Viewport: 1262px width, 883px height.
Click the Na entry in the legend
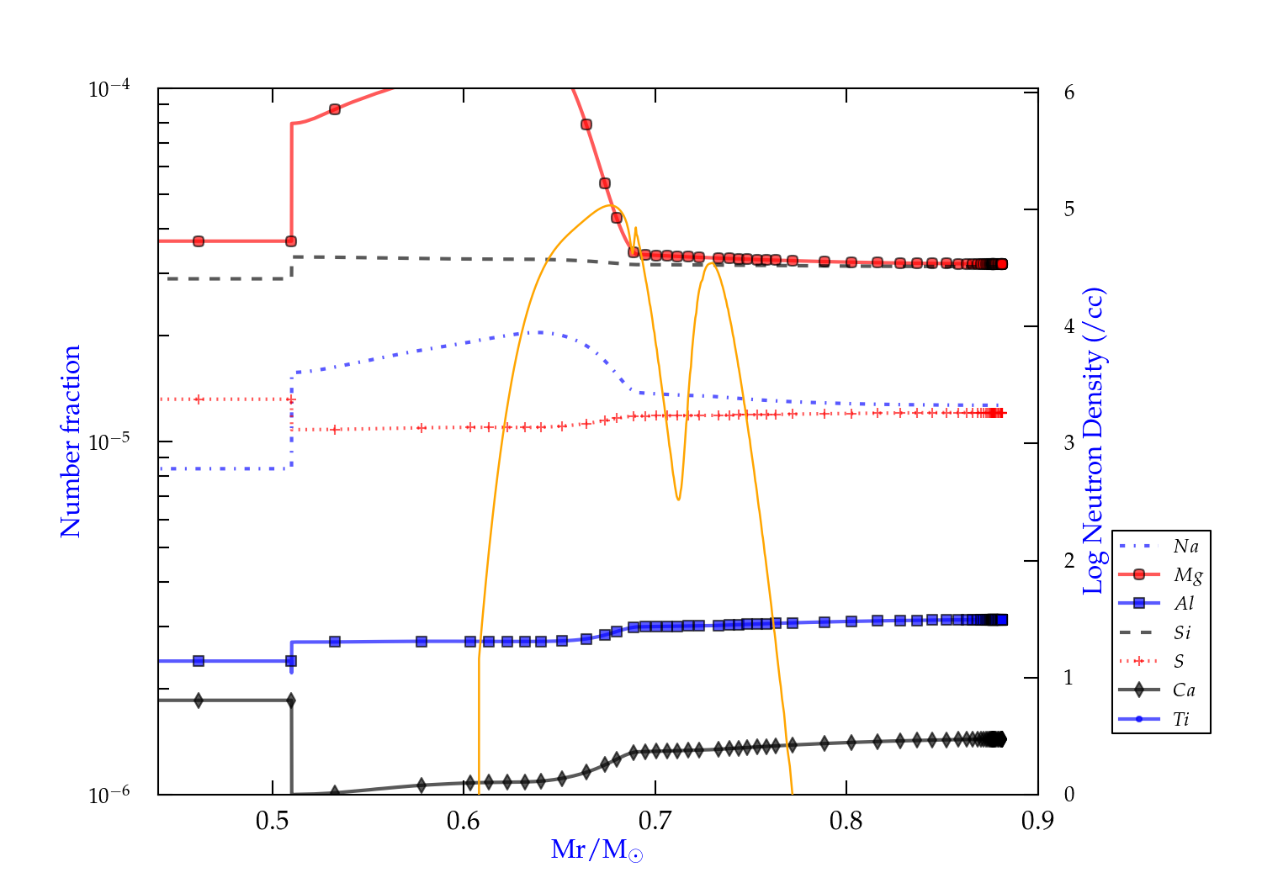1185,547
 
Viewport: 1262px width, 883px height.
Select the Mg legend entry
1187,575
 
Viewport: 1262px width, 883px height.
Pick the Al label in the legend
1185,604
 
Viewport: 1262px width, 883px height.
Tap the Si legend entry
1182,632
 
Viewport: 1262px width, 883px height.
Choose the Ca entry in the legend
1184,690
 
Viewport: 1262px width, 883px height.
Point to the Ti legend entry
1181,719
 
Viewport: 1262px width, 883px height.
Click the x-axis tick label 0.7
655,820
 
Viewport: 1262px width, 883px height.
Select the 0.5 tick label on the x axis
273,820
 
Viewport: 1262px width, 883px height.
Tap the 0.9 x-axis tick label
1037,820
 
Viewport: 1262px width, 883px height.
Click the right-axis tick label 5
1069,209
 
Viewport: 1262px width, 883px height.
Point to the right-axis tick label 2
1069,560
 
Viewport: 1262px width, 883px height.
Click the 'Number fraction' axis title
71,442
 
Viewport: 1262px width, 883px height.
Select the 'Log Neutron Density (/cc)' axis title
1094,442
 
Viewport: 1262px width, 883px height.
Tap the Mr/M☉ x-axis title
597,850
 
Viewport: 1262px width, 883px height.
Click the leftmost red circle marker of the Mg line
199,241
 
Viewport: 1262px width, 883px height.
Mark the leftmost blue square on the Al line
199,661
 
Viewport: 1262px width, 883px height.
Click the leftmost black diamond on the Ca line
199,701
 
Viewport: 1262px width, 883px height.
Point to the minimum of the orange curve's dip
678,500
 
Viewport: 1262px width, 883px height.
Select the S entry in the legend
1179,662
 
